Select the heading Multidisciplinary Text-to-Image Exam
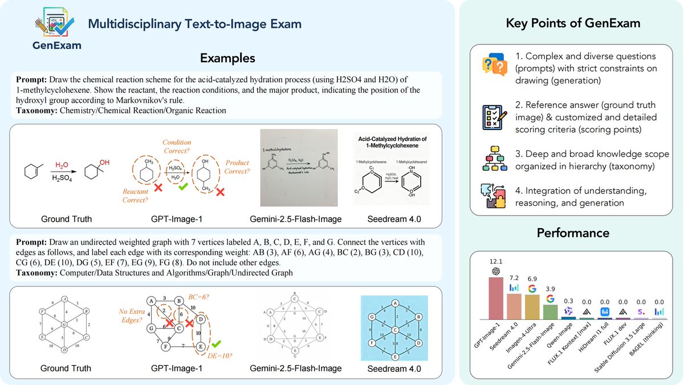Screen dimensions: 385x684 coord(194,25)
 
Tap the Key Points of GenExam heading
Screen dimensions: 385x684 coord(572,24)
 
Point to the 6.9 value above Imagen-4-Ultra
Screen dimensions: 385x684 coord(532,276)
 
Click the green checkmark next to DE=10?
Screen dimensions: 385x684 coord(215,345)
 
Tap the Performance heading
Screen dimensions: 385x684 coord(572,233)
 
